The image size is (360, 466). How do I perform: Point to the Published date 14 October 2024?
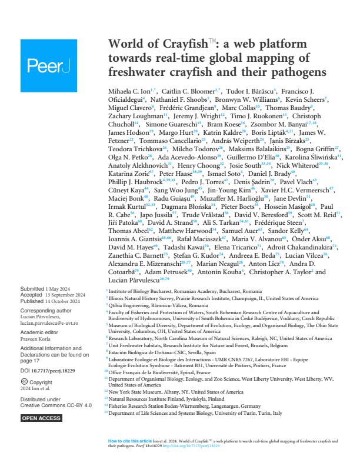tap(65, 299)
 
